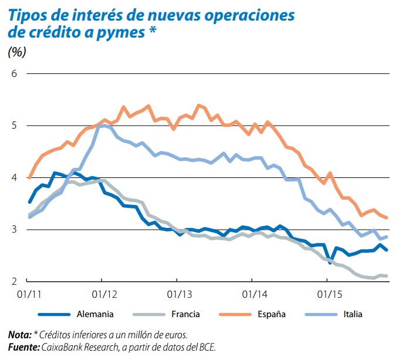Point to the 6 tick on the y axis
coord(14,74)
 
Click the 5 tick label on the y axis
coord(14,126)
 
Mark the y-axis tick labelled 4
coord(14,177)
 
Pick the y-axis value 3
coord(14,230)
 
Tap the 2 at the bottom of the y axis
coord(14,281)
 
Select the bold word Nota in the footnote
coord(19,335)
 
